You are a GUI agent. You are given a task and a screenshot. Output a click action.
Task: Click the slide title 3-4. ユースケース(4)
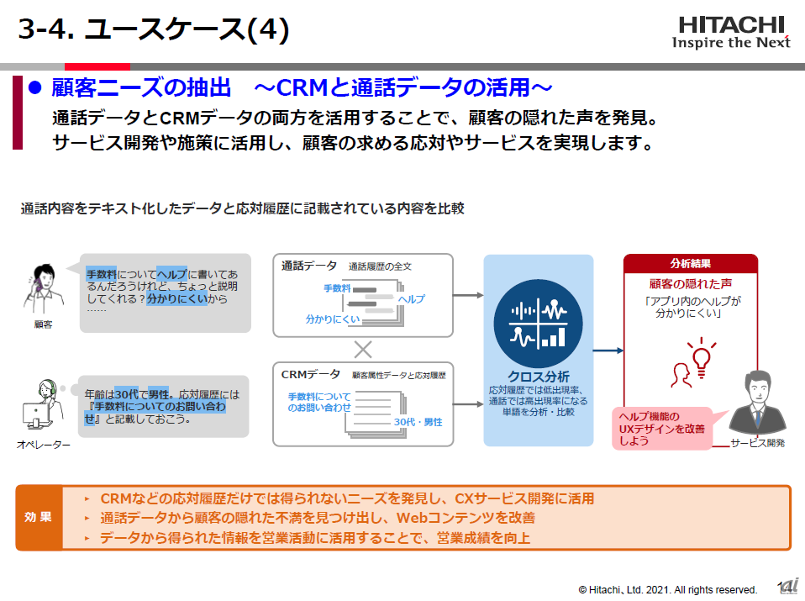click(154, 30)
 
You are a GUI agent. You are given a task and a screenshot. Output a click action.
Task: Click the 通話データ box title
click(308, 266)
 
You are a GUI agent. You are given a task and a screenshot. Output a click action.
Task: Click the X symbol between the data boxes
click(362, 348)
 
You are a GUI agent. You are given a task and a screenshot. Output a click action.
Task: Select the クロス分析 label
click(539, 376)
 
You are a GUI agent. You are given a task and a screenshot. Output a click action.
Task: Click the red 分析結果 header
click(690, 263)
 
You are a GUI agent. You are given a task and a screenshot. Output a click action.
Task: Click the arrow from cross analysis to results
click(608, 351)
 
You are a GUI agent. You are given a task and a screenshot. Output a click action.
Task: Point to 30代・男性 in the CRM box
click(418, 422)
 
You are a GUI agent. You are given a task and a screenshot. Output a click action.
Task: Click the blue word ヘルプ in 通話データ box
click(411, 299)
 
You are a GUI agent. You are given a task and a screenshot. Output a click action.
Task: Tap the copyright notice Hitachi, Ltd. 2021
click(667, 589)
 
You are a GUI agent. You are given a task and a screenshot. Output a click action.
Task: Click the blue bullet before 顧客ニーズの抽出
click(35, 87)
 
